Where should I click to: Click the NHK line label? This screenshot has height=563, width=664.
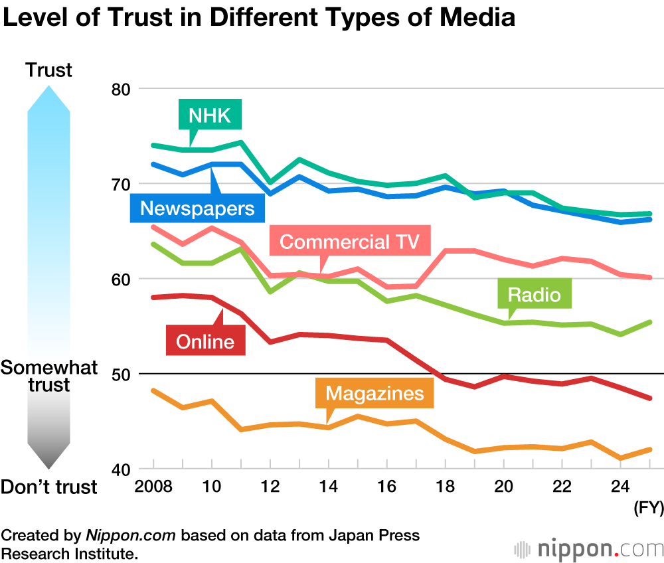click(x=210, y=116)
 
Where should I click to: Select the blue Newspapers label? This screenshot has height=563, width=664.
click(x=198, y=208)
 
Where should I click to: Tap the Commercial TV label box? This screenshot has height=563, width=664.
click(x=349, y=242)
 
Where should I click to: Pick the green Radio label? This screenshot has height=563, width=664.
click(x=535, y=294)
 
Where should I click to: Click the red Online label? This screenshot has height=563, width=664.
click(x=205, y=341)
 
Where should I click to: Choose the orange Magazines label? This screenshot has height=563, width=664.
click(x=374, y=393)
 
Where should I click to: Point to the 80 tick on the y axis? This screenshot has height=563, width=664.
click(x=121, y=89)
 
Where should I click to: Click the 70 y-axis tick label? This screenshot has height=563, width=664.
click(x=121, y=184)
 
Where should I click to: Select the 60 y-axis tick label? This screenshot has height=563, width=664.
click(x=121, y=279)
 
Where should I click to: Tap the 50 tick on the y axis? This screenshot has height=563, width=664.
click(x=121, y=374)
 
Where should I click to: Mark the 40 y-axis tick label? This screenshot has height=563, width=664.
click(x=121, y=469)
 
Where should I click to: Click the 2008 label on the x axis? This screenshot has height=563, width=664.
click(x=154, y=487)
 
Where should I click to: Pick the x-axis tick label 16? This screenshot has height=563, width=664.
click(x=386, y=487)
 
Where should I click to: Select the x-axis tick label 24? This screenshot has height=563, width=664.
click(x=620, y=487)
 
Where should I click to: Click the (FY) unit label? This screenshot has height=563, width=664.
click(x=648, y=509)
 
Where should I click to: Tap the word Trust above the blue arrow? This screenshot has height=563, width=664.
click(x=48, y=70)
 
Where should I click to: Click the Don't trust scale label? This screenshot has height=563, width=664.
click(x=49, y=487)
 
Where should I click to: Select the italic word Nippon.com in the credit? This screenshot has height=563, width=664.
click(x=130, y=536)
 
